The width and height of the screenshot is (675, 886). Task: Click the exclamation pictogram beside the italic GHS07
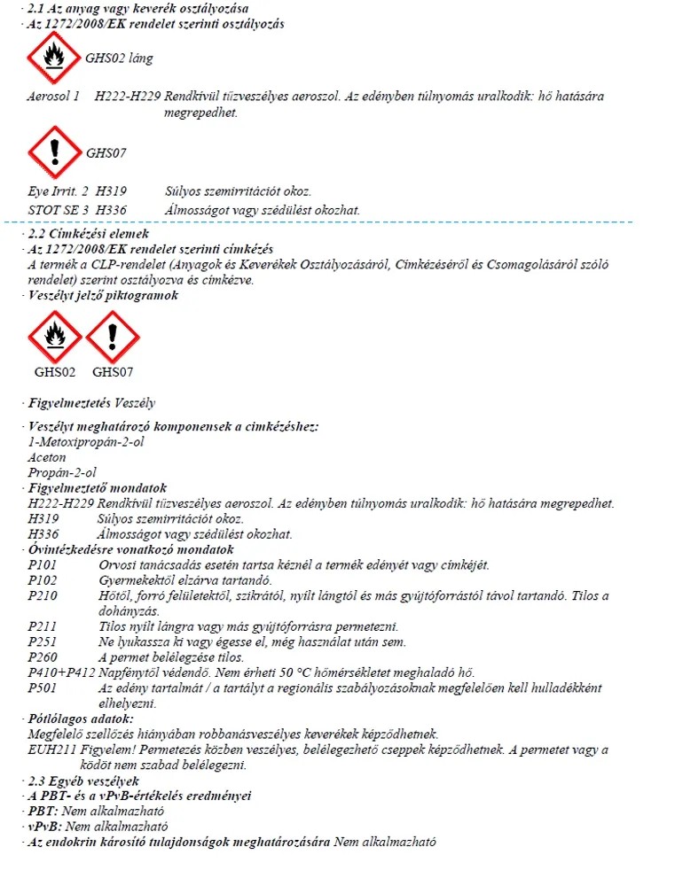[54, 152]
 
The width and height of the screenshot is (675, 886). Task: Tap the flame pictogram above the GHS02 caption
[54, 338]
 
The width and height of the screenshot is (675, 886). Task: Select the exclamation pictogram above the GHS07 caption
[112, 338]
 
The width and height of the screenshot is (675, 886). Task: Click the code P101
[42, 565]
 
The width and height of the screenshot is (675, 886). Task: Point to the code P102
[42, 580]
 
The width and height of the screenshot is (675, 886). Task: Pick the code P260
[42, 657]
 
